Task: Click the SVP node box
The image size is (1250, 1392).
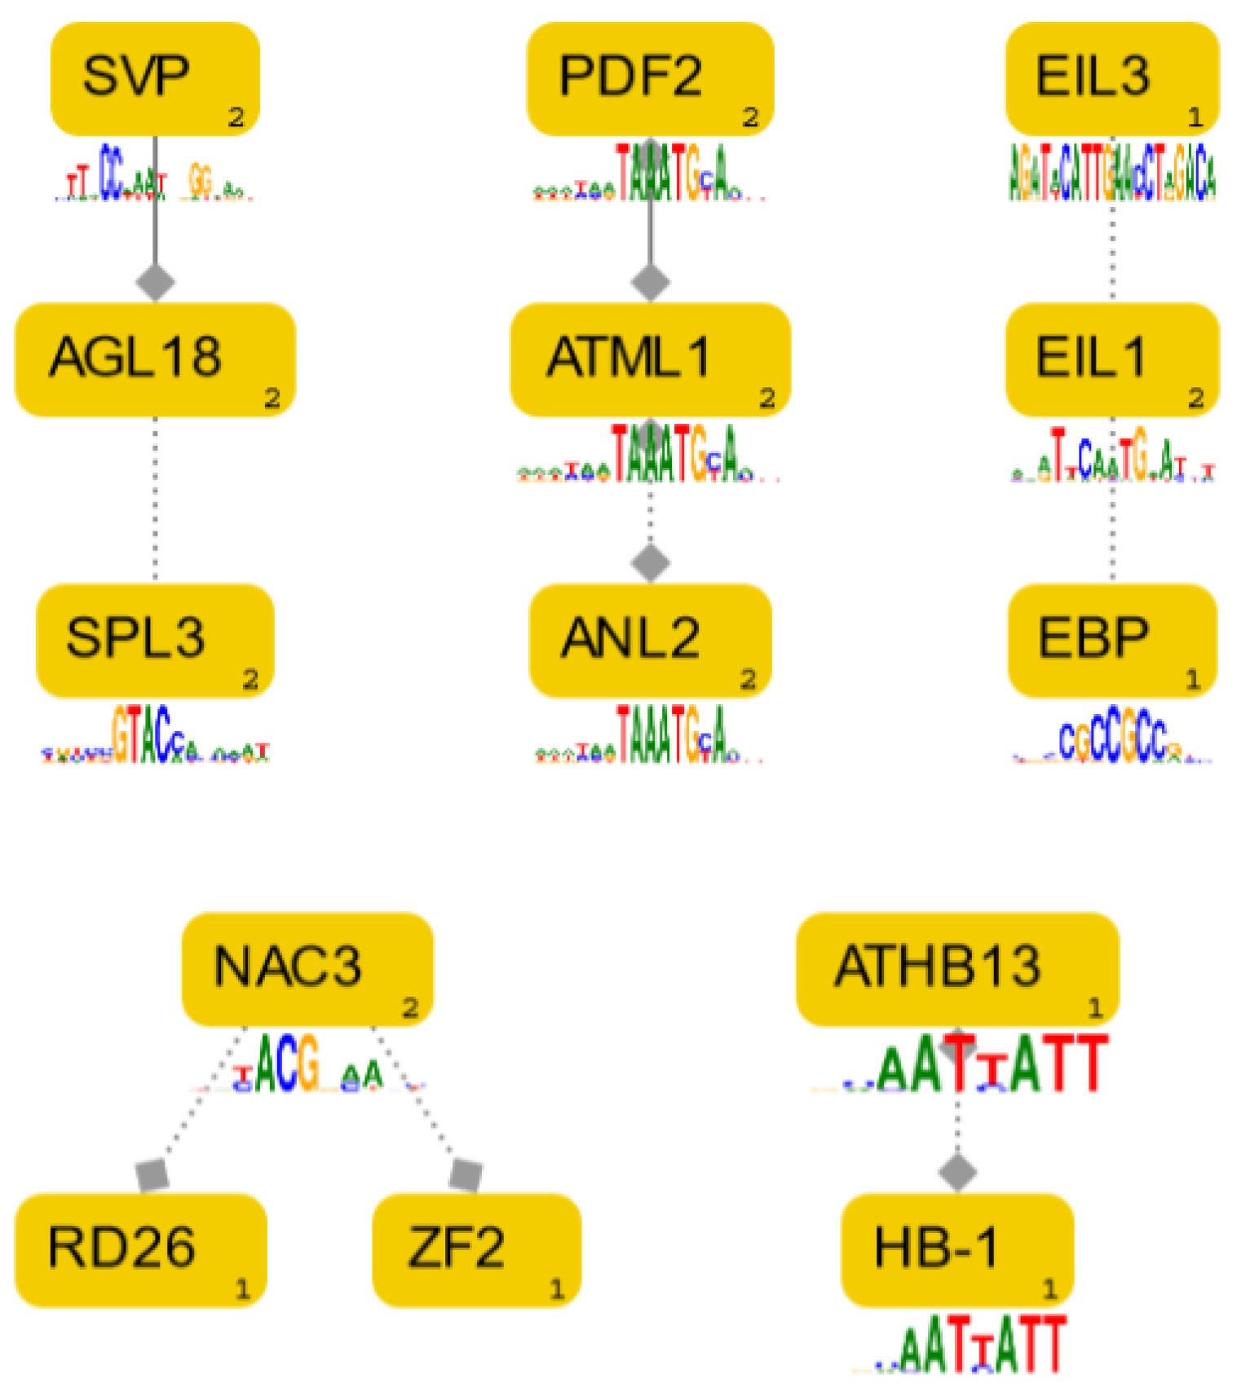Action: pyautogui.click(x=155, y=78)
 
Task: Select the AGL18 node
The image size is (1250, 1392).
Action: pyautogui.click(x=155, y=359)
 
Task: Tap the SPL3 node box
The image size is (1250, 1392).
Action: pyautogui.click(x=155, y=641)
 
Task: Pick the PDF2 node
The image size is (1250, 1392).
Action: pyautogui.click(x=650, y=78)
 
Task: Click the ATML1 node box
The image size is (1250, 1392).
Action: pyautogui.click(x=650, y=359)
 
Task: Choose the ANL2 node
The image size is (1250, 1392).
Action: pyautogui.click(x=650, y=641)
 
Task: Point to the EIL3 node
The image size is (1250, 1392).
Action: pyautogui.click(x=1112, y=78)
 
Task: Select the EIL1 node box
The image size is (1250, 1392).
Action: pyautogui.click(x=1112, y=359)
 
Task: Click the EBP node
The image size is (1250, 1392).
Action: pyautogui.click(x=1112, y=641)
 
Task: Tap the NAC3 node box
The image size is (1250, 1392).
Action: pyautogui.click(x=307, y=969)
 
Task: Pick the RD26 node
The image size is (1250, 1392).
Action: pyautogui.click(x=141, y=1250)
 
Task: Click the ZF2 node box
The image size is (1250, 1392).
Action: pyautogui.click(x=476, y=1250)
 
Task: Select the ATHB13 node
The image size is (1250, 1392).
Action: pyautogui.click(x=957, y=969)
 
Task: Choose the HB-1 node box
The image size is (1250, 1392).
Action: pyautogui.click(x=957, y=1250)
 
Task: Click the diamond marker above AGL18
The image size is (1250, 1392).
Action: pyautogui.click(x=155, y=283)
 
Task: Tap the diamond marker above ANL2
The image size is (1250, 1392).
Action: pyautogui.click(x=650, y=563)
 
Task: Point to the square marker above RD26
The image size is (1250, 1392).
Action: pyautogui.click(x=152, y=1174)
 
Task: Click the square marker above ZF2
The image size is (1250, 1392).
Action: pyautogui.click(x=466, y=1174)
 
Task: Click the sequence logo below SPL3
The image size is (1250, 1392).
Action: pyautogui.click(x=155, y=736)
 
